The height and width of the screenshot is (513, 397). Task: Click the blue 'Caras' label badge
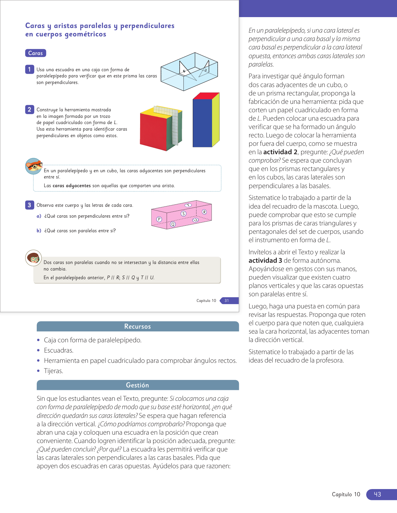click(x=35, y=53)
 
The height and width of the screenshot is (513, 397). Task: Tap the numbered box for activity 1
click(x=29, y=69)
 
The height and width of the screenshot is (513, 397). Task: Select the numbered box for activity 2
click(x=29, y=109)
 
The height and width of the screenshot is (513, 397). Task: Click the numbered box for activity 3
click(x=29, y=205)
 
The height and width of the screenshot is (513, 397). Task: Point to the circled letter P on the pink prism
click(x=159, y=219)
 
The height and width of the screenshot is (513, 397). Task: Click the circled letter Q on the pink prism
click(x=173, y=224)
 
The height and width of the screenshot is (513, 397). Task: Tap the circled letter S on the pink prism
click(x=183, y=214)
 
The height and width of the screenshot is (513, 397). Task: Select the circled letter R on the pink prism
click(x=204, y=212)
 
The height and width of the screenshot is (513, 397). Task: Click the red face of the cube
click(x=154, y=130)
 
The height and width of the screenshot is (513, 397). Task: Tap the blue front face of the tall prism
click(x=202, y=123)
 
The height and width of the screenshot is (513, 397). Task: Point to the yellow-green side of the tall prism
click(x=216, y=120)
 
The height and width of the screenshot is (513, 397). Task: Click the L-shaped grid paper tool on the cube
click(x=175, y=124)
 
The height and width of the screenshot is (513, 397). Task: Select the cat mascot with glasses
click(x=34, y=166)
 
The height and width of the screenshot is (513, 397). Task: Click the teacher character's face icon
click(x=33, y=258)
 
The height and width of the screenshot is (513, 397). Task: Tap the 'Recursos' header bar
click(x=137, y=326)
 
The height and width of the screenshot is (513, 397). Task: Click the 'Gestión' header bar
click(x=137, y=385)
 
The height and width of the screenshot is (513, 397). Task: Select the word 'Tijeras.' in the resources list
click(x=54, y=371)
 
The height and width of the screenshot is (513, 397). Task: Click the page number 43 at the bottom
click(x=377, y=494)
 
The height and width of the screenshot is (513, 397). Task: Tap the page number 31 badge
click(x=227, y=301)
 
